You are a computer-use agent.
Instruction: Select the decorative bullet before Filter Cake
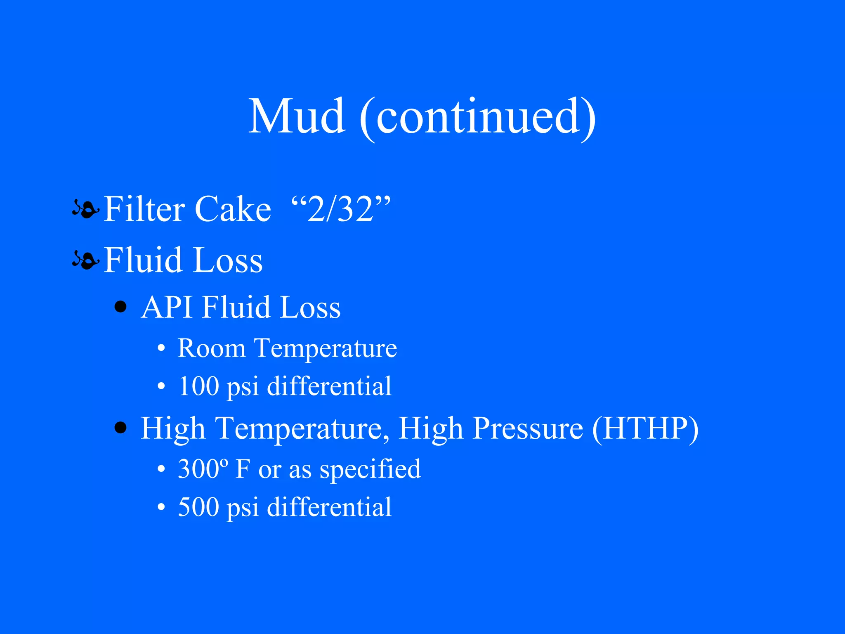pyautogui.click(x=85, y=210)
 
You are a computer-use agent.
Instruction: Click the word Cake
pyautogui.click(x=232, y=209)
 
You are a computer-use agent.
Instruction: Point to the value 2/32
pyautogui.click(x=340, y=209)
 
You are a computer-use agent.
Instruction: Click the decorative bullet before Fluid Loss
pyautogui.click(x=85, y=260)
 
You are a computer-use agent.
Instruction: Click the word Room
pyautogui.click(x=211, y=348)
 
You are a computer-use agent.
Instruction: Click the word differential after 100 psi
pyautogui.click(x=329, y=387)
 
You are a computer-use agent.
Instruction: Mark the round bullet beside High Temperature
pyautogui.click(x=120, y=428)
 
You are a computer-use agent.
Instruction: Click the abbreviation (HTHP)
pyautogui.click(x=645, y=429)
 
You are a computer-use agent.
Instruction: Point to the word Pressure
pyautogui.click(x=528, y=429)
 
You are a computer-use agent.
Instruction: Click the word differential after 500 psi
pyautogui.click(x=329, y=508)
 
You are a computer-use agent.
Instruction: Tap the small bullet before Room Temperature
pyautogui.click(x=161, y=349)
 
